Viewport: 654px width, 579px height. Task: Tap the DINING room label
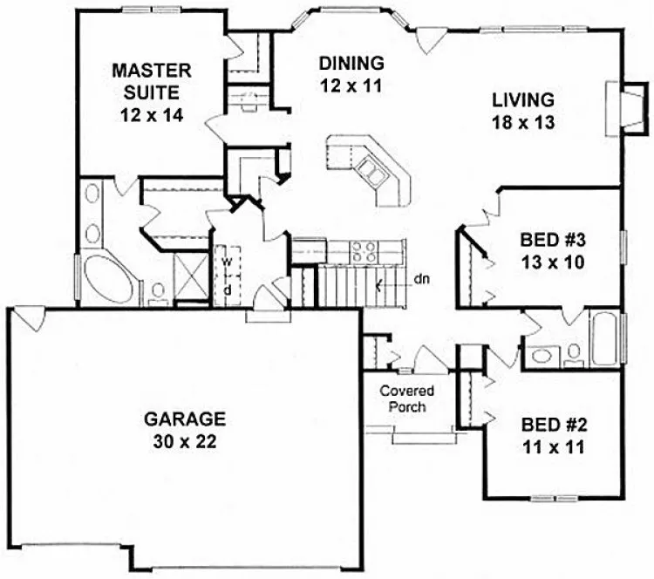351,64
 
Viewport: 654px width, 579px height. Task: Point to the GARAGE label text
185,419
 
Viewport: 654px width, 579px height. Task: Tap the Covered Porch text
406,399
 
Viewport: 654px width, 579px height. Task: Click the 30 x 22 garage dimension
185,440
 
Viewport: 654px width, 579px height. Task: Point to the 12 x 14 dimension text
146,113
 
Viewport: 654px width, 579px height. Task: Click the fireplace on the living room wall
617,106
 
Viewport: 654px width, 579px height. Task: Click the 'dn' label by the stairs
422,280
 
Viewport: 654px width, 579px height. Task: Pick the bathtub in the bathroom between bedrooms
605,340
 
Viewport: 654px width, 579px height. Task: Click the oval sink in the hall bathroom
542,357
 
